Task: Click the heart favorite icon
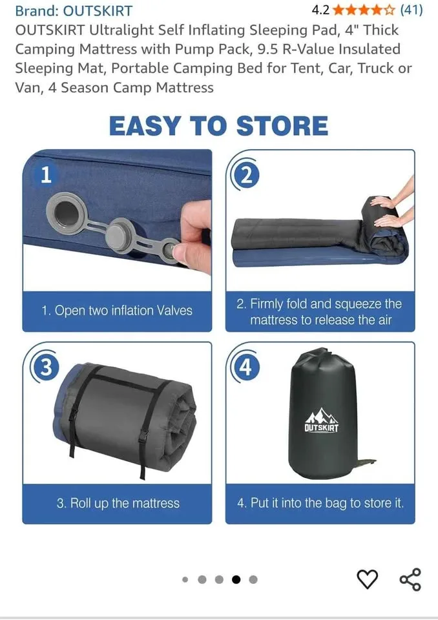point(368,579)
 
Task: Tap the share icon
point(410,579)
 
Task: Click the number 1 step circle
point(45,175)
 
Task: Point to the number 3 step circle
point(45,367)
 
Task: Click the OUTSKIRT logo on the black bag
point(322,420)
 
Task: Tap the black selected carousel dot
point(236,579)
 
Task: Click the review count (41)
point(412,10)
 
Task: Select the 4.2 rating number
point(320,10)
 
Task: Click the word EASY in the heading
point(145,126)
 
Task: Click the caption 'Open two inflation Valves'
point(117,311)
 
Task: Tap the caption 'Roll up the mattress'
point(117,503)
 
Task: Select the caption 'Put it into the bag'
point(320,503)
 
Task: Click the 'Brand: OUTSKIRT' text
point(74,10)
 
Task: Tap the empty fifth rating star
point(388,10)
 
